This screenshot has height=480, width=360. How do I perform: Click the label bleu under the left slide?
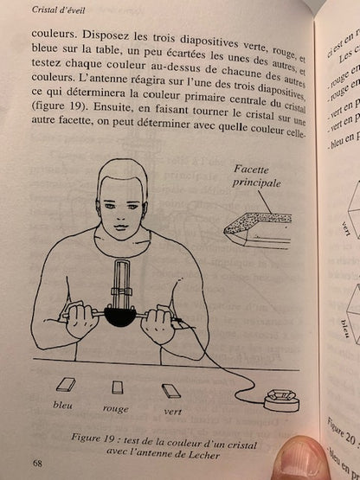tap(63, 404)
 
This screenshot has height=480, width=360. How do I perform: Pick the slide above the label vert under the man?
tap(170, 390)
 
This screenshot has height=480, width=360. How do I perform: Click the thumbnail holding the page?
tap(299, 459)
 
